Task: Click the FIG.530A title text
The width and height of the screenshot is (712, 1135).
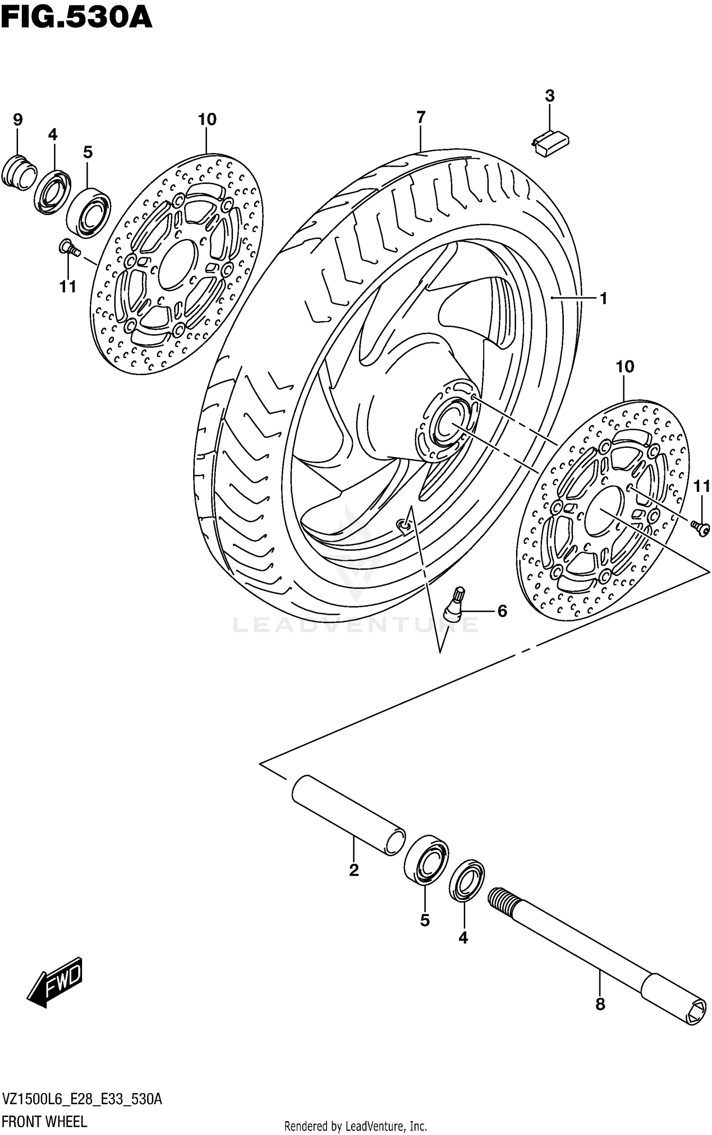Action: click(76, 18)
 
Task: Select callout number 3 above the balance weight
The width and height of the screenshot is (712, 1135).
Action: click(549, 96)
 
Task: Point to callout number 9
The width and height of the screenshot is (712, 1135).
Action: click(18, 119)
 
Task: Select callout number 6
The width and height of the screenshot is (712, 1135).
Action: click(502, 611)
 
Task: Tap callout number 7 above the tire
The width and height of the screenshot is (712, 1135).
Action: click(421, 117)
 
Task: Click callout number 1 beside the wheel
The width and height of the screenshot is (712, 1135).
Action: click(603, 298)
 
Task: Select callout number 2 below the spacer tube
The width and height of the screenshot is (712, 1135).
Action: click(354, 870)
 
